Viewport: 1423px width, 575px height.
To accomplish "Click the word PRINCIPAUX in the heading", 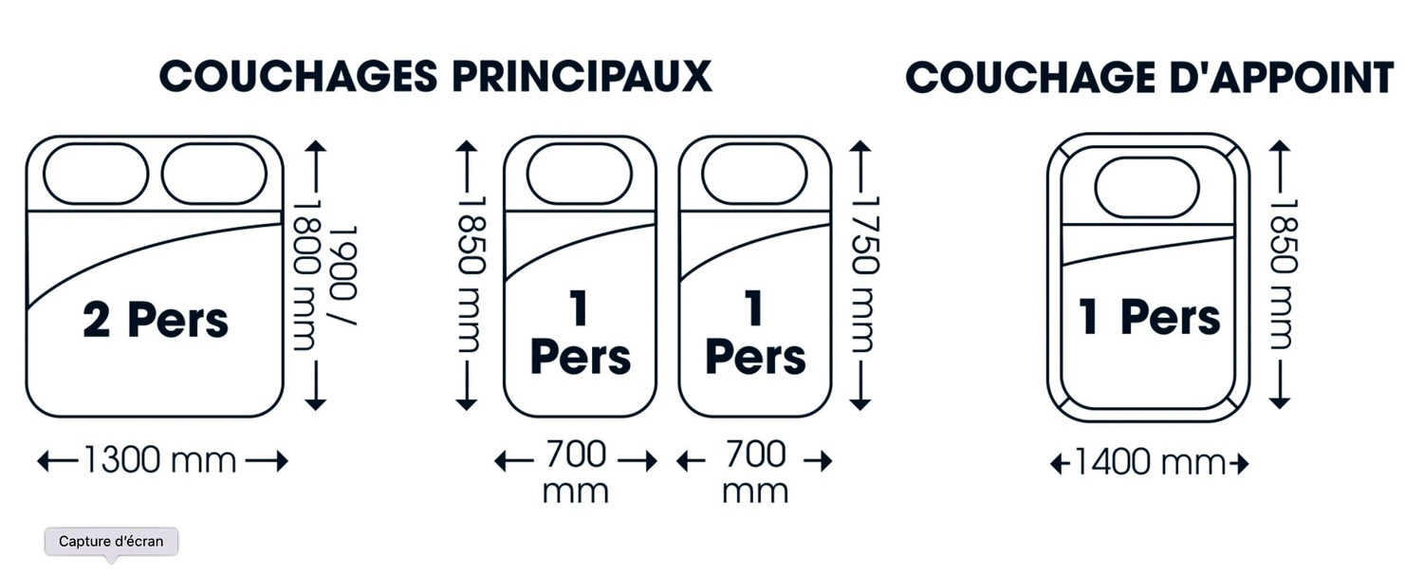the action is pyautogui.click(x=582, y=77).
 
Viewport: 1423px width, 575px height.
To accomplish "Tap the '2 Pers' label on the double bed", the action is pyautogui.click(x=156, y=320).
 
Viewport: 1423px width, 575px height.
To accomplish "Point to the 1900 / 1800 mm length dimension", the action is pyautogui.click(x=324, y=275).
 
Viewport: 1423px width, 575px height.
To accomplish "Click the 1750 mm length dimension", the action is pyautogui.click(x=865, y=274).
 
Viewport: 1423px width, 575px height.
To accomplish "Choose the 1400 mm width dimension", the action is pyautogui.click(x=1150, y=462).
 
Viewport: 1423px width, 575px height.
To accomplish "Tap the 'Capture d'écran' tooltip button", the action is pyautogui.click(x=111, y=542).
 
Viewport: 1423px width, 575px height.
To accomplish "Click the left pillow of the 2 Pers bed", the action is pyautogui.click(x=96, y=174).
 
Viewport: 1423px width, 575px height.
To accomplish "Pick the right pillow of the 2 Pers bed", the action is pyautogui.click(x=214, y=174).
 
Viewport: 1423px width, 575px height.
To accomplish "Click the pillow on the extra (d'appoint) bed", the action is pyautogui.click(x=1147, y=188).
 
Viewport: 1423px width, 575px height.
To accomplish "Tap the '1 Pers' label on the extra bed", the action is pyautogui.click(x=1150, y=316).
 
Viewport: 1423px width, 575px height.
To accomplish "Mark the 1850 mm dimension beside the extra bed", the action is pyautogui.click(x=1284, y=274).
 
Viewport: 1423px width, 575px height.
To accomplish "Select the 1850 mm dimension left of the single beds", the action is pyautogui.click(x=472, y=274).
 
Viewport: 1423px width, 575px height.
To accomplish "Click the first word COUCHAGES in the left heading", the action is pyautogui.click(x=299, y=77).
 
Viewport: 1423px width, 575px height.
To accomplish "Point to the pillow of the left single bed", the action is pyautogui.click(x=580, y=174).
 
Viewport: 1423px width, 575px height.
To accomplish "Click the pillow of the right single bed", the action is pyautogui.click(x=755, y=174).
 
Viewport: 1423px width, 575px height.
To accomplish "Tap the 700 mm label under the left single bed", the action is pyautogui.click(x=576, y=471).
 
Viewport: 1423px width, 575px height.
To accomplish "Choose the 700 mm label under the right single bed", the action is pyautogui.click(x=755, y=471).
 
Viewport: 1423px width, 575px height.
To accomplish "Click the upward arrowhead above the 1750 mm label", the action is pyautogui.click(x=860, y=147).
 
